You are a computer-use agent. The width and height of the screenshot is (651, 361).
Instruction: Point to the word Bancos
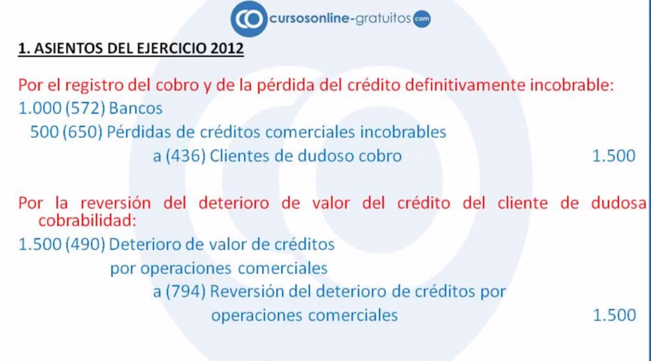[x=136, y=109]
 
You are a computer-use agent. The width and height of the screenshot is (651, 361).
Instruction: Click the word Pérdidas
[x=135, y=132]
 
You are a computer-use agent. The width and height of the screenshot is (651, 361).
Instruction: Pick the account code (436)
[x=184, y=156]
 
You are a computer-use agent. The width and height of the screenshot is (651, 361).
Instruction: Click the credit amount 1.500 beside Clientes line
[x=613, y=156]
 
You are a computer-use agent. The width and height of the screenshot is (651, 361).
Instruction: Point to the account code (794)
[x=184, y=292]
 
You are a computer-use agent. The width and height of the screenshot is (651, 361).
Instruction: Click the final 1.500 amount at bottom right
[x=613, y=315]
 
